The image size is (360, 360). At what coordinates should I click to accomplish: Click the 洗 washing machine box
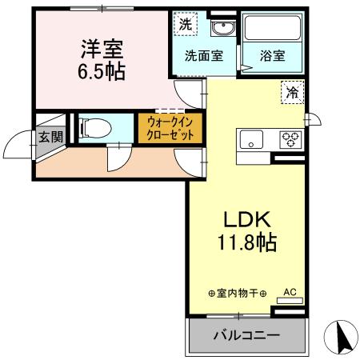point(185,23)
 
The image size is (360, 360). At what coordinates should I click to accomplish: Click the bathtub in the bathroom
point(273,30)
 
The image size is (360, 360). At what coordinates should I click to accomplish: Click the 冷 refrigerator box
point(292,93)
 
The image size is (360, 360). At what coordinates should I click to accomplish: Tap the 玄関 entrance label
point(50,136)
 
